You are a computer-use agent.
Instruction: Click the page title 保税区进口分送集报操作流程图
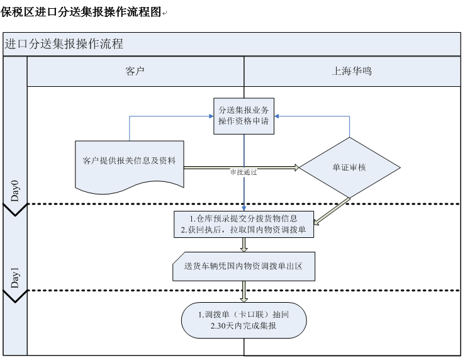[x=81, y=12]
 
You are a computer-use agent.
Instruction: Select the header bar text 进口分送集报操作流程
[x=64, y=44]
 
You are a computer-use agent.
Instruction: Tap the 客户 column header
[x=135, y=71]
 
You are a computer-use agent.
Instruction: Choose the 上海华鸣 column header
[x=352, y=71]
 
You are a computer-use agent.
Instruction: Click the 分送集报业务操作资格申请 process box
[x=244, y=116]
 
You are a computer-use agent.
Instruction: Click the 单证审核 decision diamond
[x=349, y=168]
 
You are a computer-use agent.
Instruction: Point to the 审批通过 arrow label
[x=244, y=172]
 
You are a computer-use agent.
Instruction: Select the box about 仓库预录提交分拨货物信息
[x=244, y=223]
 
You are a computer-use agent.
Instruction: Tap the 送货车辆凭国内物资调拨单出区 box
[x=244, y=266]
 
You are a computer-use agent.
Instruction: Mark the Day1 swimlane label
[x=15, y=278]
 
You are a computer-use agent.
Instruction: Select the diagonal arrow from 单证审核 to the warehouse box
[x=333, y=210]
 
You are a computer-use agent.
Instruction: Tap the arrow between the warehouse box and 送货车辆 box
[x=244, y=245]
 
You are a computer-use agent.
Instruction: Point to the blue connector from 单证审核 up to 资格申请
[x=349, y=126]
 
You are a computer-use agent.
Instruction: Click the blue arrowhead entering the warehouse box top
[x=244, y=208]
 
